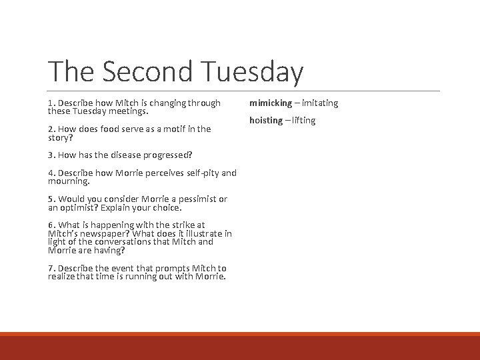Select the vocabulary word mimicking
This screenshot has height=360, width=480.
point(271,103)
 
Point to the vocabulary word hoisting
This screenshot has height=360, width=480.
point(266,120)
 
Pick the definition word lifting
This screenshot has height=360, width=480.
point(303,120)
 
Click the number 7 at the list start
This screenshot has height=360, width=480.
point(51,268)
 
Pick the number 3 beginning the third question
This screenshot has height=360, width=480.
point(51,155)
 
